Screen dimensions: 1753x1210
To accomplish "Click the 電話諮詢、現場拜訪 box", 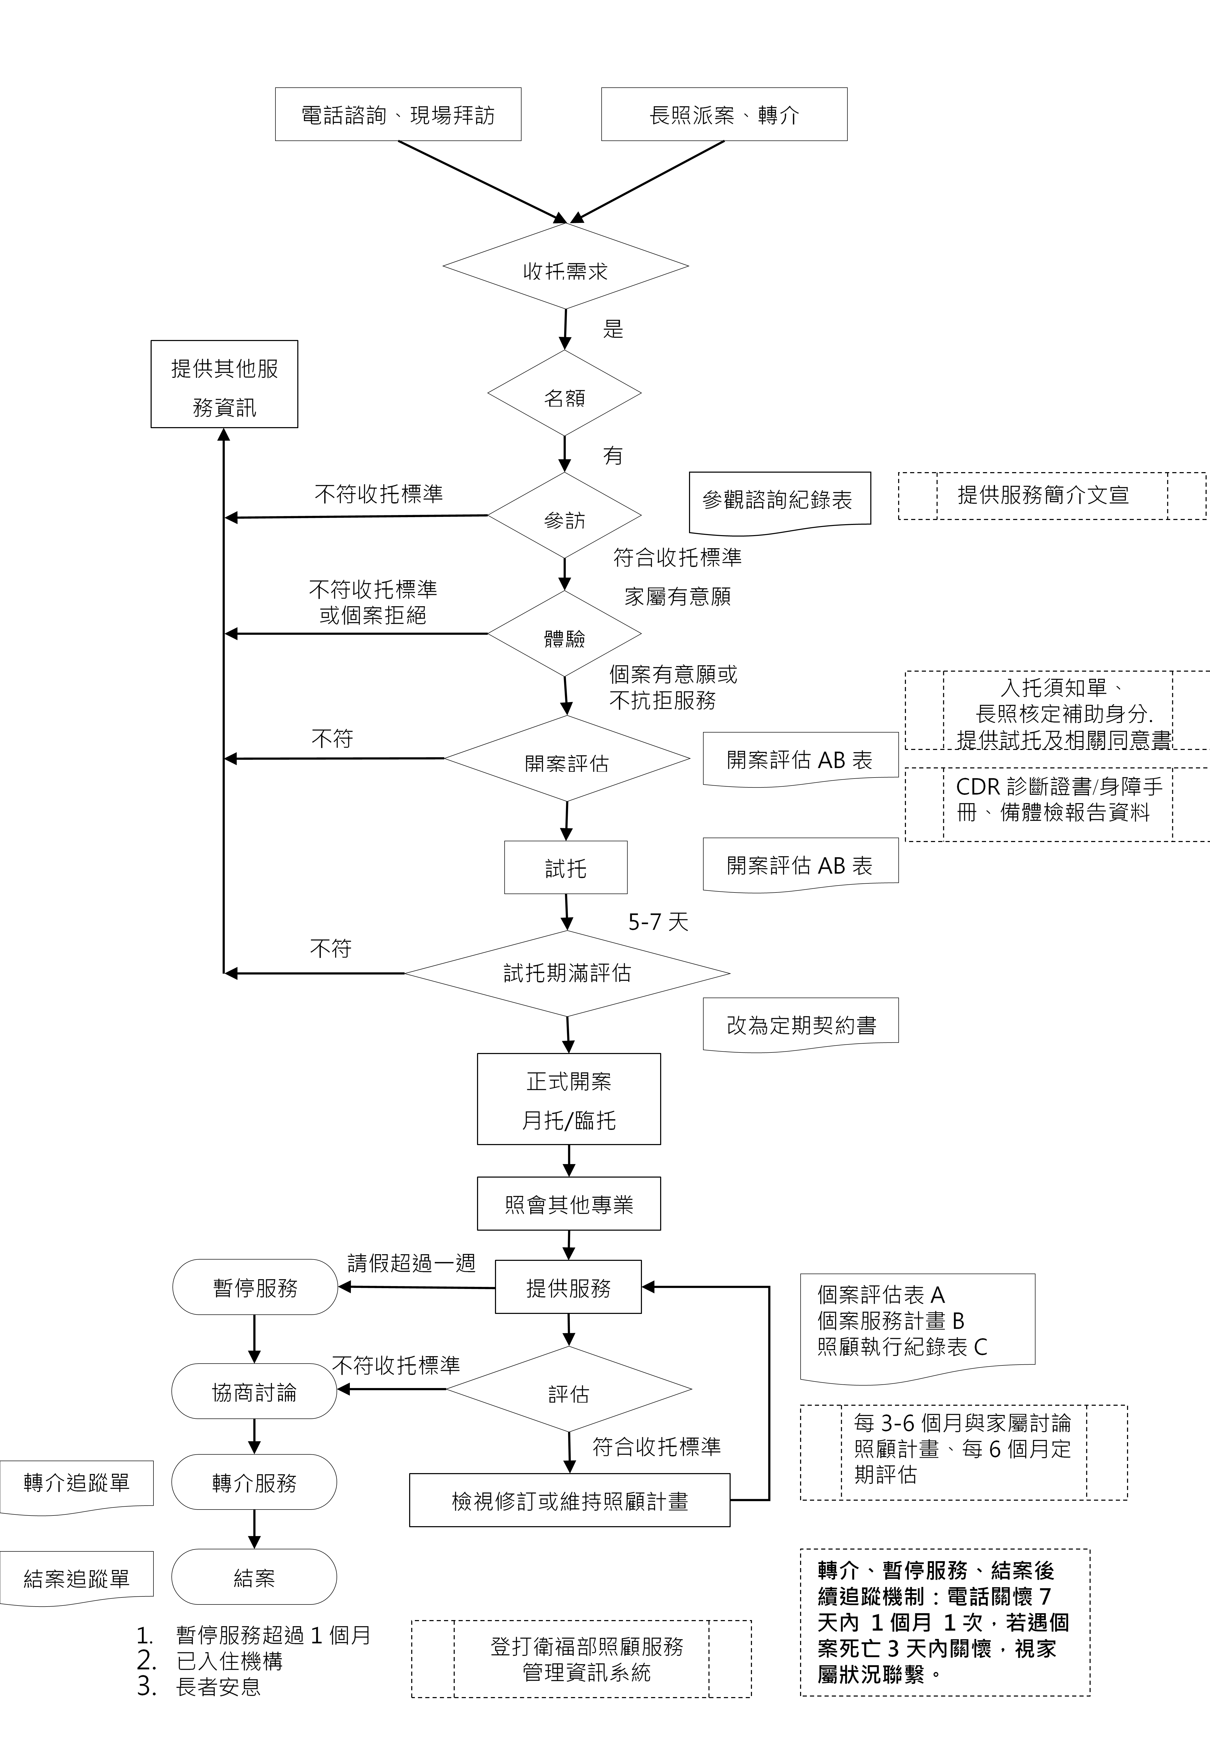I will tap(398, 114).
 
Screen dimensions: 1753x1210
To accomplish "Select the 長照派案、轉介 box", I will tap(724, 114).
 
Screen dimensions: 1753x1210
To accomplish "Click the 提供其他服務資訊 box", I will tap(224, 384).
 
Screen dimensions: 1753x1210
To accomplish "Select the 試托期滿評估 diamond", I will tap(567, 974).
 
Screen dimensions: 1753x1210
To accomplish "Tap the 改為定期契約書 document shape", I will tap(801, 1025).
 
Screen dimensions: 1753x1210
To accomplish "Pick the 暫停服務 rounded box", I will tap(255, 1287).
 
